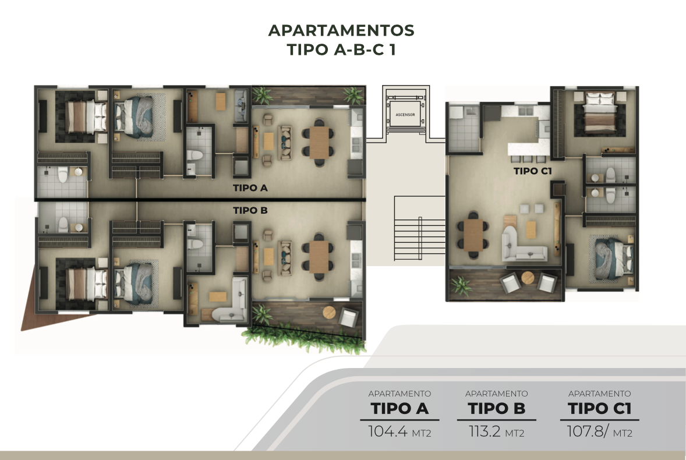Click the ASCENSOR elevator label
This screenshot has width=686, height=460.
405,115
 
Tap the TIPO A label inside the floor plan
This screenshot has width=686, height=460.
250,188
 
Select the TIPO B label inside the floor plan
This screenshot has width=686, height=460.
250,210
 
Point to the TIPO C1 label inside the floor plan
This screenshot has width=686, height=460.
533,171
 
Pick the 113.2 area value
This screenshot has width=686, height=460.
485,431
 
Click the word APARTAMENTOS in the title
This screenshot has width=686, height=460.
341,31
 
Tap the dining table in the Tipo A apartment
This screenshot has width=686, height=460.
319,143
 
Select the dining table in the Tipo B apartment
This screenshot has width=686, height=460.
319,257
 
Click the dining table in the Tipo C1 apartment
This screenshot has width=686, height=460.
473,235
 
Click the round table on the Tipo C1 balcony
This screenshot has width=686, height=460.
528,278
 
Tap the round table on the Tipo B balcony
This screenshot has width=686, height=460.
330,313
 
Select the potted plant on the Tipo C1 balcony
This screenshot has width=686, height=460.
460,285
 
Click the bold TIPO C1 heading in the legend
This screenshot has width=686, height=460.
599,408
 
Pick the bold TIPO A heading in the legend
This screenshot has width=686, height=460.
399,408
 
